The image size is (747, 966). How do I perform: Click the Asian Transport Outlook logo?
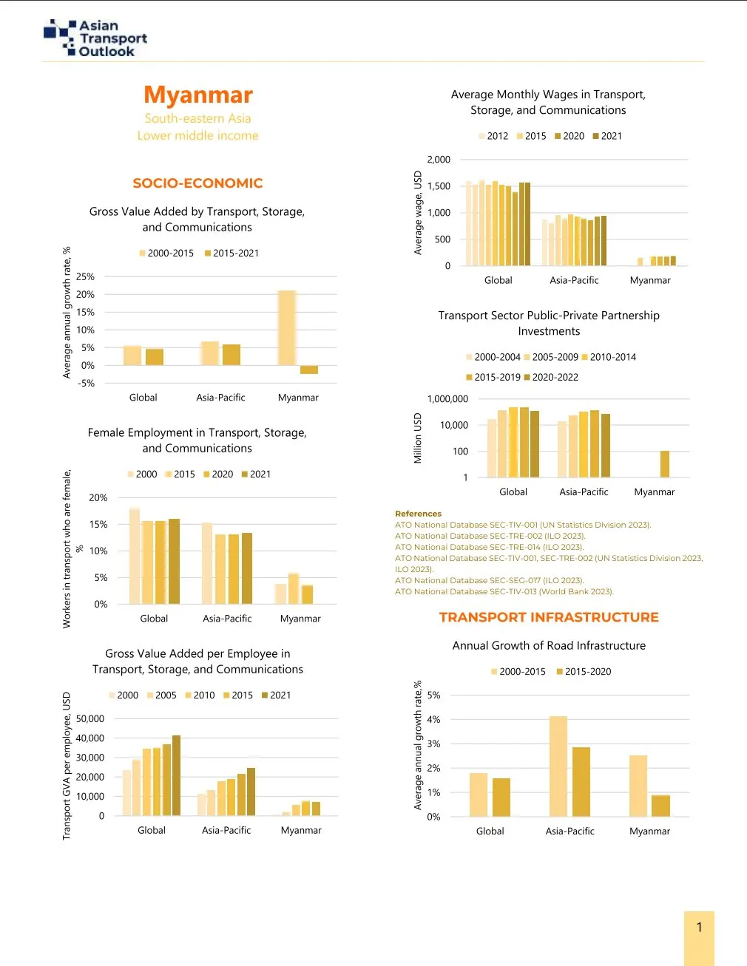point(95,38)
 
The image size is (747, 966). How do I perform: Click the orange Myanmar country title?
point(198,95)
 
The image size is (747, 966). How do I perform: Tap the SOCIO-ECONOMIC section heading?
point(197,183)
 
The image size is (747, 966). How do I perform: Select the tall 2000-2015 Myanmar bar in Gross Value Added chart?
point(287,327)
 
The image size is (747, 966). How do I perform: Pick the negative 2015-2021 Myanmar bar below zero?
point(309,370)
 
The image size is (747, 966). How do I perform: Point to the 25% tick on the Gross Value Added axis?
point(85,277)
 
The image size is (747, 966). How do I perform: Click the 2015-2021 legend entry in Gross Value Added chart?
point(232,253)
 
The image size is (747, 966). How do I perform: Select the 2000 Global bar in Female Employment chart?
point(135,556)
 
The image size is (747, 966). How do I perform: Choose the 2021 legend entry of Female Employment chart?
point(256,474)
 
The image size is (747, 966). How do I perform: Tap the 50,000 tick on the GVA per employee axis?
point(90,718)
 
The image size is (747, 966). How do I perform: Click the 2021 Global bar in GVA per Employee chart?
point(176,775)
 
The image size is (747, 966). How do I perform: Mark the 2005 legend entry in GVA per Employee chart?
point(162,695)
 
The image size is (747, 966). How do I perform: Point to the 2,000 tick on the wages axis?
point(439,160)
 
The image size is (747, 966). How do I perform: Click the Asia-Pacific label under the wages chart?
point(574,280)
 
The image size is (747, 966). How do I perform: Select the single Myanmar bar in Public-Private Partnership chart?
point(665,463)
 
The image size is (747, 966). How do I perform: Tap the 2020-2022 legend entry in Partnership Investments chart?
point(551,377)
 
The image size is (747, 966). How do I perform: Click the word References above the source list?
point(418,514)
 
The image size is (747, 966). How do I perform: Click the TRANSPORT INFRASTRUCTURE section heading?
point(549,617)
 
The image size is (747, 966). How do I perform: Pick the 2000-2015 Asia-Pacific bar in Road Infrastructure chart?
point(558,766)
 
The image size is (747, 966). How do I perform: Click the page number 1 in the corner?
point(699,928)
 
